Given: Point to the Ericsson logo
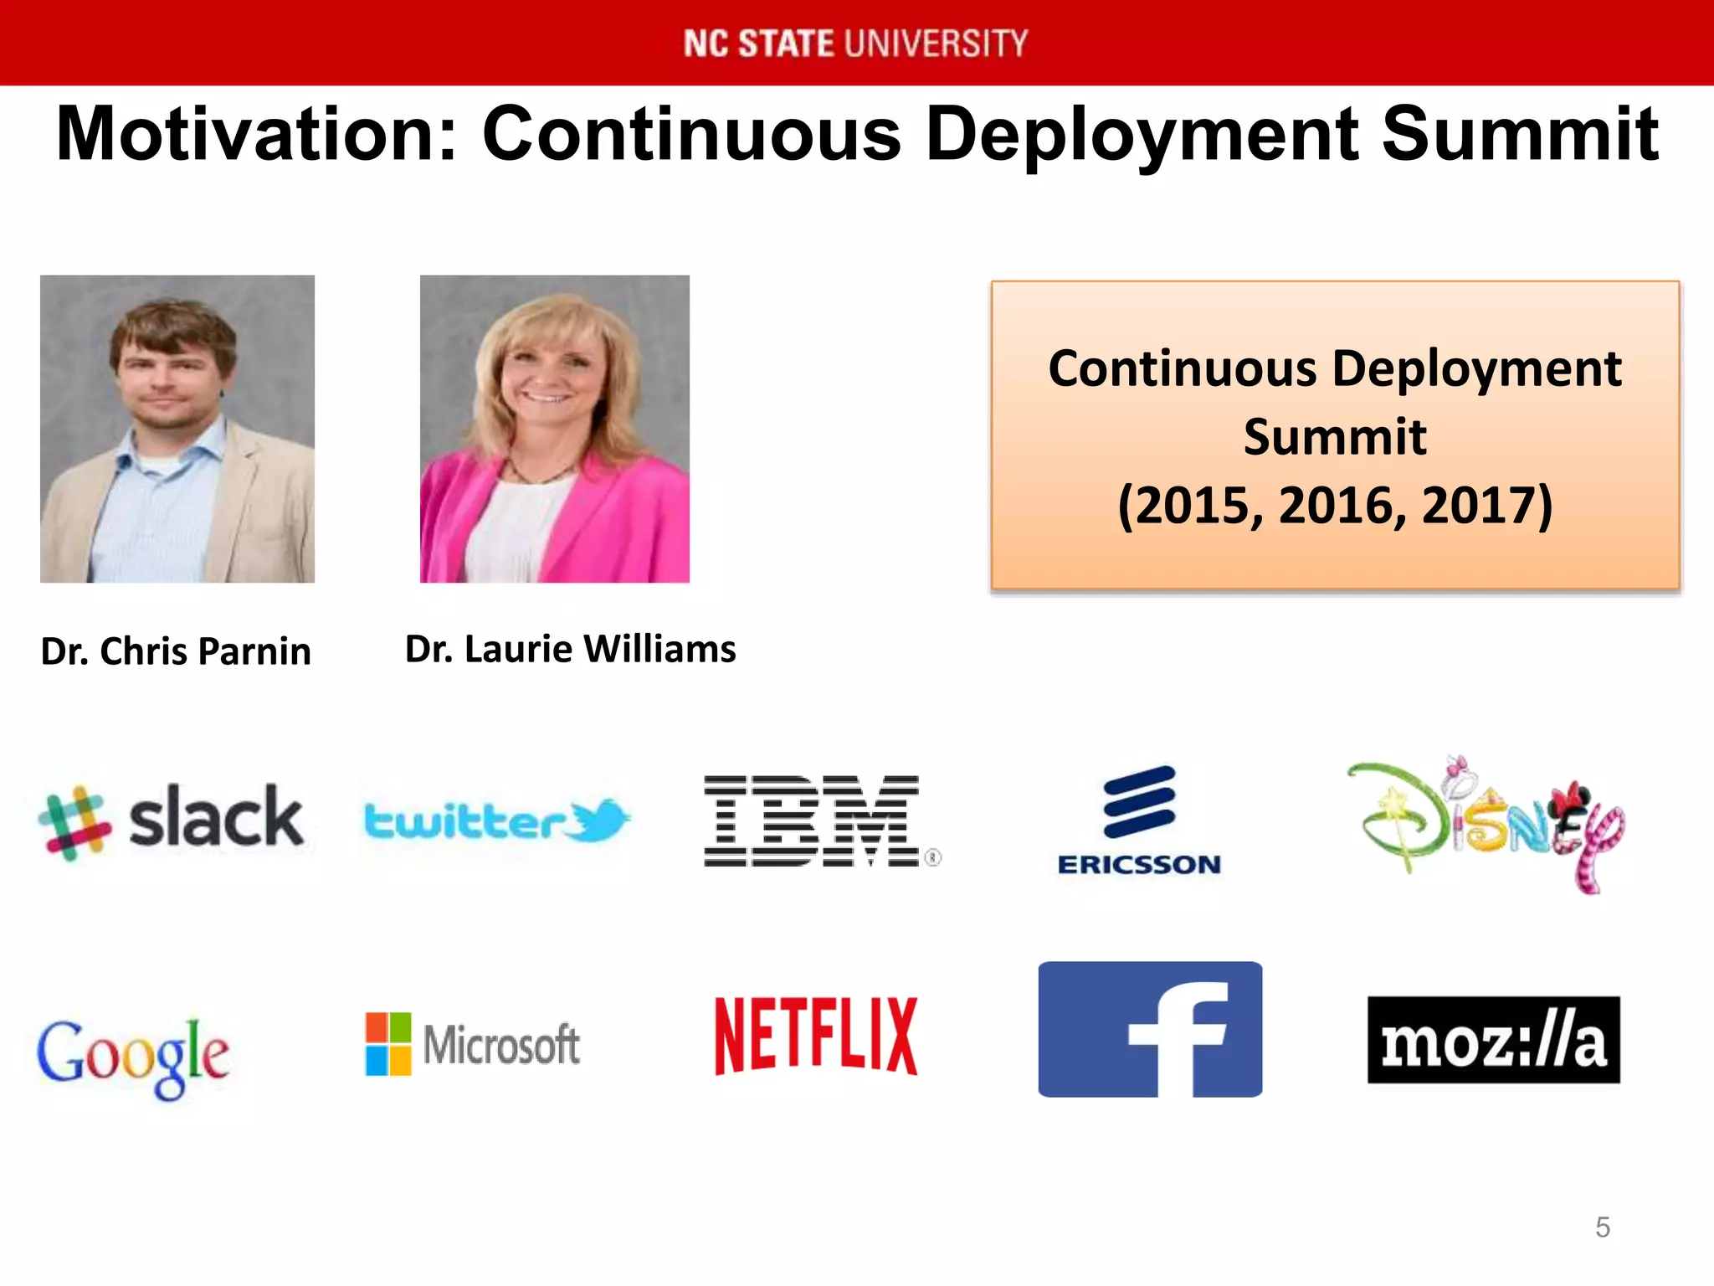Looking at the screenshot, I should pyautogui.click(x=1139, y=820).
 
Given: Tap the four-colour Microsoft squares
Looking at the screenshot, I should pyautogui.click(x=388, y=1043).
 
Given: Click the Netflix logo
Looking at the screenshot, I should pyautogui.click(x=816, y=1036).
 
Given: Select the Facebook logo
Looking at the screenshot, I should pyautogui.click(x=1150, y=1029).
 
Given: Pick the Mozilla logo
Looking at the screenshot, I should pyautogui.click(x=1493, y=1040).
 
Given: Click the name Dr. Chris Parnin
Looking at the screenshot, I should pyautogui.click(x=176, y=651).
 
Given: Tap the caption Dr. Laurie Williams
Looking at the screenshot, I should pyautogui.click(x=570, y=649).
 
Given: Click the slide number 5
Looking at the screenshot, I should pyautogui.click(x=1602, y=1227).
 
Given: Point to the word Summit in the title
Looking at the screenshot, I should pyautogui.click(x=1519, y=135).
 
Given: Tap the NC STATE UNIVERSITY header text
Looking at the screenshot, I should pyautogui.click(x=855, y=44).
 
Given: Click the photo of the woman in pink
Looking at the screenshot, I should pyautogui.click(x=554, y=429).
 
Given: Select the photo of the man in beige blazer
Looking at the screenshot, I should pyautogui.click(x=177, y=429).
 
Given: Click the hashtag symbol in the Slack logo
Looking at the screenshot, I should pyautogui.click(x=74, y=823).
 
